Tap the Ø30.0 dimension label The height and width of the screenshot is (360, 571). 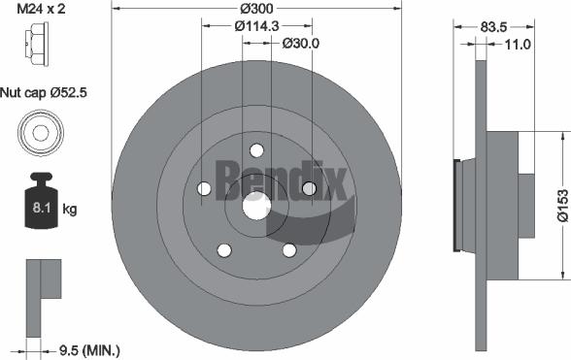point(300,44)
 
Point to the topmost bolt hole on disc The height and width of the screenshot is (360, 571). point(256,150)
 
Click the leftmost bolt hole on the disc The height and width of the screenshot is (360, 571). point(204,189)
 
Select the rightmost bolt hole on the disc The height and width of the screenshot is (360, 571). point(309,188)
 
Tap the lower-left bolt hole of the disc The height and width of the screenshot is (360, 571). point(223,249)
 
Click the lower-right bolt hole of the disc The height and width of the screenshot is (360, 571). point(288,249)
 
